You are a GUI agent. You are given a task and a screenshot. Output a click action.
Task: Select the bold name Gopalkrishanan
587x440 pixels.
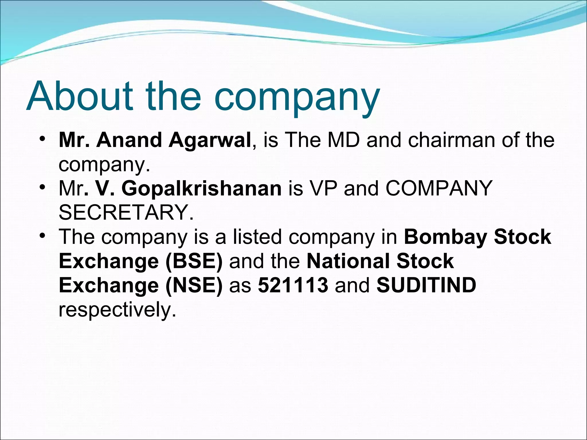point(201,189)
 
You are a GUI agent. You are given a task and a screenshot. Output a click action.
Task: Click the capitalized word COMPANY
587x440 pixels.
point(439,188)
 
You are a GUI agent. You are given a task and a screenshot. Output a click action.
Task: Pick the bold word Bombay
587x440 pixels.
point(445,237)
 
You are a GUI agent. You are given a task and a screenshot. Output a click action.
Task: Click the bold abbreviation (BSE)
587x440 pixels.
point(194,261)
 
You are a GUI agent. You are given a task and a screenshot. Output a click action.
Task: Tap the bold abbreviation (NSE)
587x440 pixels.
point(194,285)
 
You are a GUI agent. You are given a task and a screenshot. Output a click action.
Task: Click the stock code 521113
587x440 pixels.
point(293,285)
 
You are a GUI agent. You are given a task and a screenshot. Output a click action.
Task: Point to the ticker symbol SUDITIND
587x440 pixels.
point(426,285)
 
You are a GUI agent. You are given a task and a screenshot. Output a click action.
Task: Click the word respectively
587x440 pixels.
point(117,310)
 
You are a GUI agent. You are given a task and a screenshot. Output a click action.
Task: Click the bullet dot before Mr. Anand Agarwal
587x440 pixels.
point(42,139)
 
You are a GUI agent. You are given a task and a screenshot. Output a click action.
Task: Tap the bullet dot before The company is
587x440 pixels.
point(42,236)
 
